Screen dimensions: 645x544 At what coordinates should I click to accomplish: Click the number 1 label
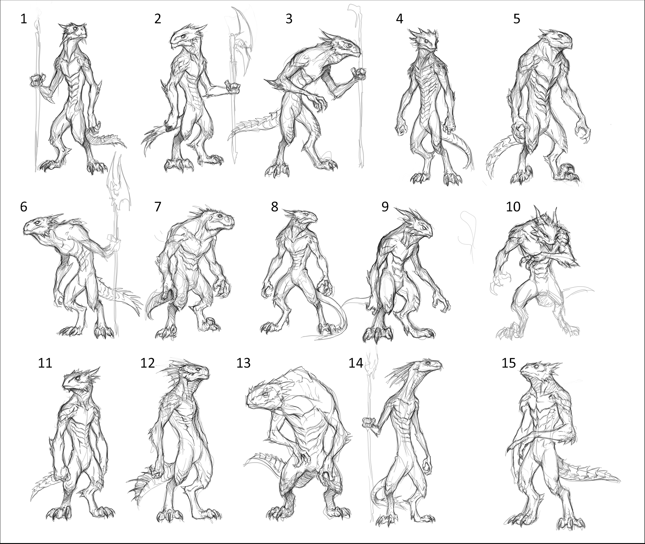pyautogui.click(x=24, y=20)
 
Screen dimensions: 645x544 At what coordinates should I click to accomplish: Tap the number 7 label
pyautogui.click(x=157, y=207)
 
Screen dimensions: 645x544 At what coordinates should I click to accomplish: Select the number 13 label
pyautogui.click(x=243, y=363)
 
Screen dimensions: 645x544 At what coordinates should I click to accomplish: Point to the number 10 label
pyautogui.click(x=513, y=207)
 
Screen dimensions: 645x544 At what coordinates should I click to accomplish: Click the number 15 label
pyautogui.click(x=509, y=363)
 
